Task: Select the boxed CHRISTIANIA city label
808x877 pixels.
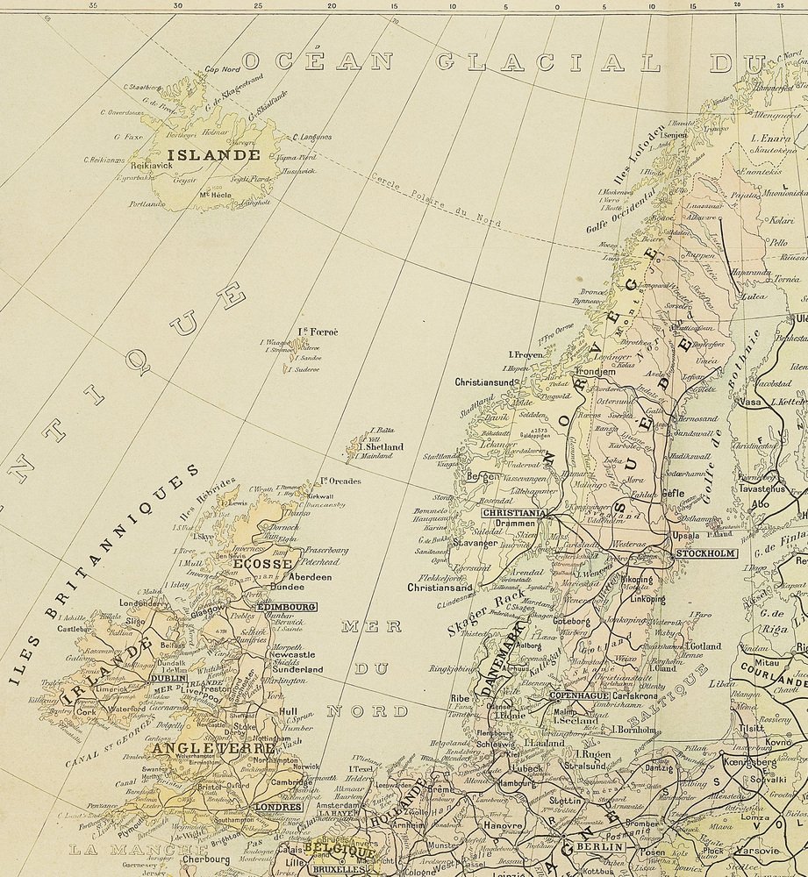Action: [x=515, y=512]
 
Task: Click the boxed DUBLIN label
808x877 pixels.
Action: [x=168, y=678]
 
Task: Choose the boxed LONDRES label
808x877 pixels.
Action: [x=277, y=807]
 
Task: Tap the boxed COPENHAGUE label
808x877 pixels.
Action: [x=579, y=695]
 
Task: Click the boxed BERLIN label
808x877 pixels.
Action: [x=599, y=847]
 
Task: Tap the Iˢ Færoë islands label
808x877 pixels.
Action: [x=318, y=332]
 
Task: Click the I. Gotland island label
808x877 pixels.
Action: [x=698, y=646]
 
